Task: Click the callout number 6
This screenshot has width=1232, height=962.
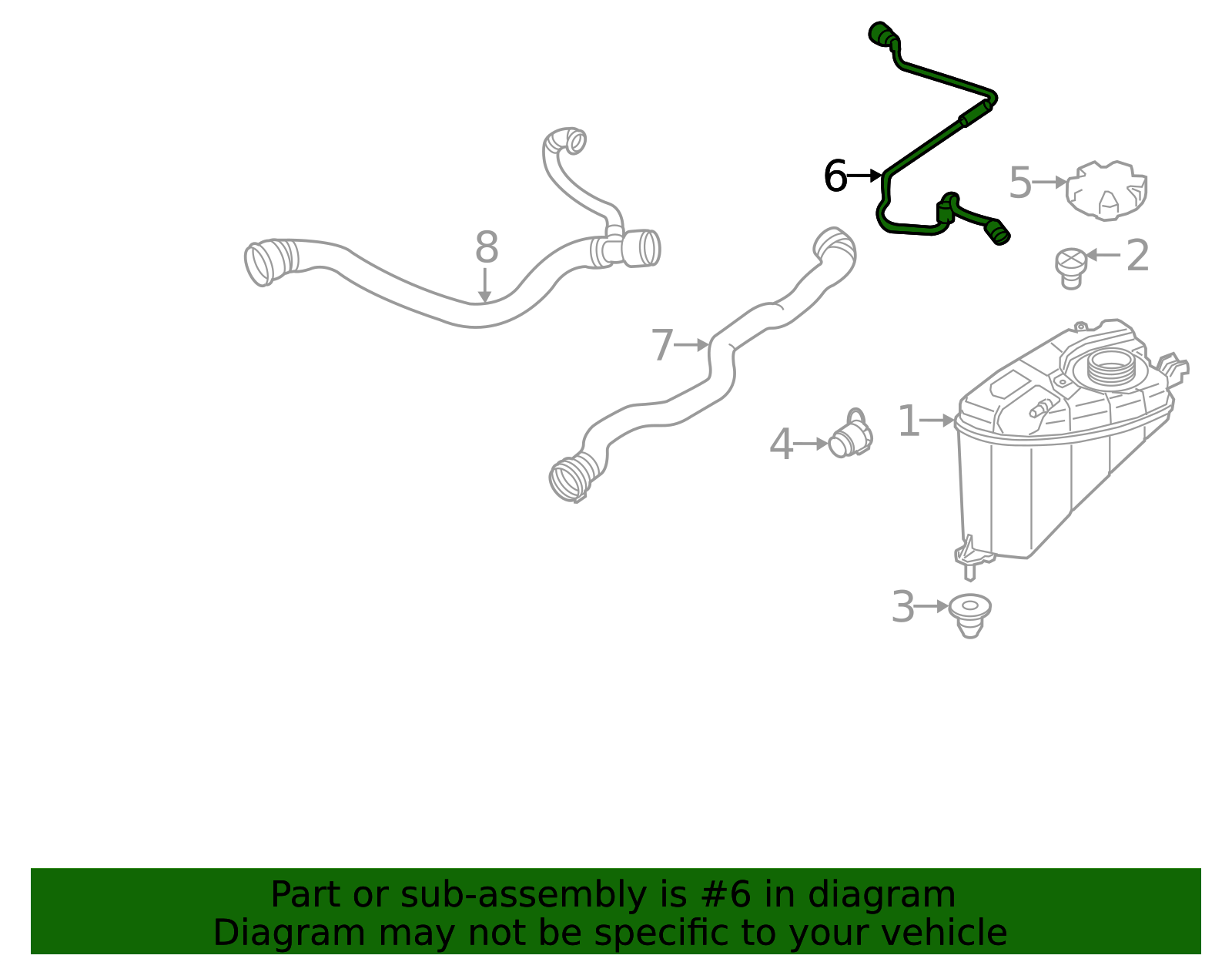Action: point(835,176)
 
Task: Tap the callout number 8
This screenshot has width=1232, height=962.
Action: point(486,248)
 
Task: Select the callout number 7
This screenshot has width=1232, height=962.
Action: point(661,345)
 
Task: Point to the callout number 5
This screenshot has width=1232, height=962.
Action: point(1019,183)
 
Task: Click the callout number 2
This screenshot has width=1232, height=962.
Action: point(1137,256)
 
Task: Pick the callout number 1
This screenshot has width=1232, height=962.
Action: point(909,421)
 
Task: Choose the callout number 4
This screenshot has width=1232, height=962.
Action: point(781,445)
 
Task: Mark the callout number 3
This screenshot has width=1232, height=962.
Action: point(902,607)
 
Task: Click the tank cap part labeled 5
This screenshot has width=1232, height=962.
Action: point(1106,190)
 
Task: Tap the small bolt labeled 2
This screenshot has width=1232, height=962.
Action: point(1070,267)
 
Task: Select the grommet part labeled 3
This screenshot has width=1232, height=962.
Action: point(969,614)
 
